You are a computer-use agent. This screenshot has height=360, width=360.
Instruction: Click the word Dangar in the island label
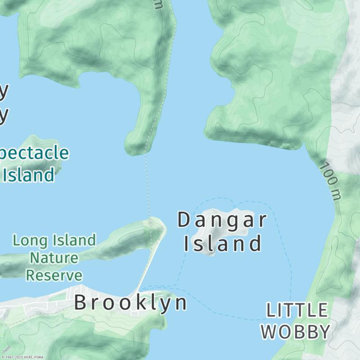coord(222,220)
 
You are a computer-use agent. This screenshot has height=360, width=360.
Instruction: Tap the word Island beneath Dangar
coord(222,243)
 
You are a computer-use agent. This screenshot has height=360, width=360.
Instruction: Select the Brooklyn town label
coord(130,302)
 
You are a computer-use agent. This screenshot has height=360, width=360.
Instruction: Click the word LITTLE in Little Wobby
coord(297,310)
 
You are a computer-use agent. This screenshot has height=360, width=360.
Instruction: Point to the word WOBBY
coord(296,332)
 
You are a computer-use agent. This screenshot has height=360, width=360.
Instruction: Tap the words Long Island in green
coord(54,240)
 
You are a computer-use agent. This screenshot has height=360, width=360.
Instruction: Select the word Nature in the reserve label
coord(54,258)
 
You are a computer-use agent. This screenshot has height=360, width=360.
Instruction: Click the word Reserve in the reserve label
coord(54,275)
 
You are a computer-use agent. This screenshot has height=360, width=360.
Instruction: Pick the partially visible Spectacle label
coord(34,153)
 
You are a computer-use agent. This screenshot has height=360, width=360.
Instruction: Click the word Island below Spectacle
coord(29,175)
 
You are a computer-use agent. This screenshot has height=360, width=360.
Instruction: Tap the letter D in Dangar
coord(184,220)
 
